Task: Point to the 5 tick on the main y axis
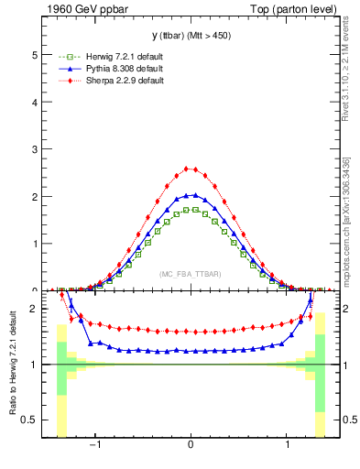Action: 34,55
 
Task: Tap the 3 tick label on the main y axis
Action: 34,149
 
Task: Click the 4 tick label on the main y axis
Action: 34,102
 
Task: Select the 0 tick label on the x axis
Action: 190,445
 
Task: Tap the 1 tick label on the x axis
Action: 288,445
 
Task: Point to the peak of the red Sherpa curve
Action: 190,169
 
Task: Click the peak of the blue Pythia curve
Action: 190,194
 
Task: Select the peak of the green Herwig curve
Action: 190,209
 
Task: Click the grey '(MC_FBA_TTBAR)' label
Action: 190,274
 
